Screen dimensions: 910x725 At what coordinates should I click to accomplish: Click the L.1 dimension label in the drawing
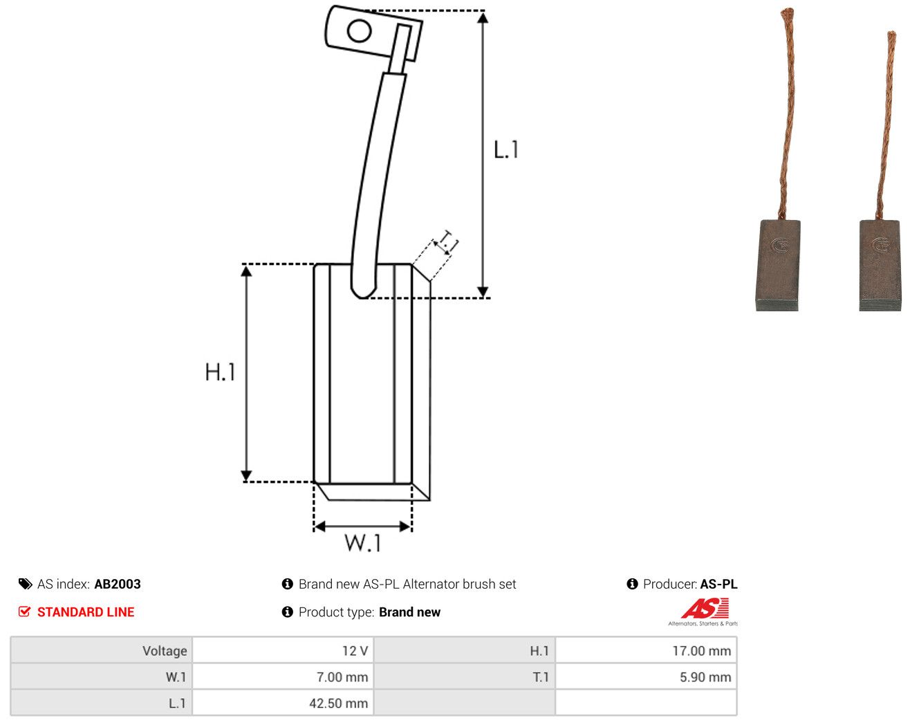[505, 149]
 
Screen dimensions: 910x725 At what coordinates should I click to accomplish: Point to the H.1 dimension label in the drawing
[220, 371]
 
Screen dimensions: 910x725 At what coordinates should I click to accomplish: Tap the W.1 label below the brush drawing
[363, 543]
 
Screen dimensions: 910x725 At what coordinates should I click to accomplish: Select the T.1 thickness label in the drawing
[448, 242]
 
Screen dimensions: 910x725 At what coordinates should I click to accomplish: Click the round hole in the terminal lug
[359, 31]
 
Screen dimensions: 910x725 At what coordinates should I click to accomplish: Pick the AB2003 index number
[118, 584]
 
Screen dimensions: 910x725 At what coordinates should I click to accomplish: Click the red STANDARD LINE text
[86, 612]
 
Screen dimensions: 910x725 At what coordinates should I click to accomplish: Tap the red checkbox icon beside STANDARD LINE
[24, 612]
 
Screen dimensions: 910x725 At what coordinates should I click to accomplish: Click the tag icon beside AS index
[26, 584]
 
